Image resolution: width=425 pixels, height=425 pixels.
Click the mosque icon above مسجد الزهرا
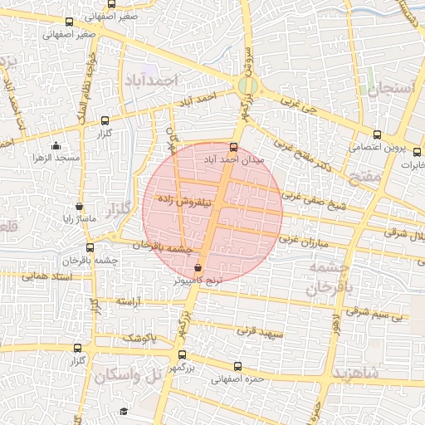(x=56, y=144)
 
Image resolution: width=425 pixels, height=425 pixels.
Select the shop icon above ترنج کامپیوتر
(x=198, y=268)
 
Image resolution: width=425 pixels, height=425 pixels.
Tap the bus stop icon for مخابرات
(x=418, y=152)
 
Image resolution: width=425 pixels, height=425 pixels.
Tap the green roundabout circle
(x=247, y=85)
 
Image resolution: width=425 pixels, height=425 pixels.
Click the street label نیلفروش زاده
(x=190, y=202)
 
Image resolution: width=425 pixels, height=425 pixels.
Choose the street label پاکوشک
(x=139, y=338)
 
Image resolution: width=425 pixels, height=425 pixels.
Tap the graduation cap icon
(x=124, y=412)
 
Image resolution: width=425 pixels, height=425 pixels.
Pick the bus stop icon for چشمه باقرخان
(x=90, y=247)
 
